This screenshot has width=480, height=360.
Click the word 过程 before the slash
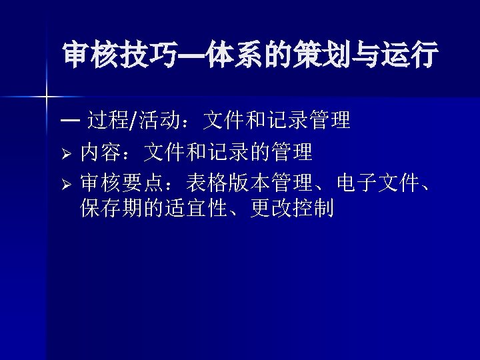click(x=109, y=121)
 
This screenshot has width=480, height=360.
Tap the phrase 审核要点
click(x=120, y=182)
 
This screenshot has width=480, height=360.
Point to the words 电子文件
click(x=377, y=182)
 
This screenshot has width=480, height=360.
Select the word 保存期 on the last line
click(x=110, y=209)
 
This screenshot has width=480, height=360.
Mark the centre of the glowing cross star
click(x=46, y=97)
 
